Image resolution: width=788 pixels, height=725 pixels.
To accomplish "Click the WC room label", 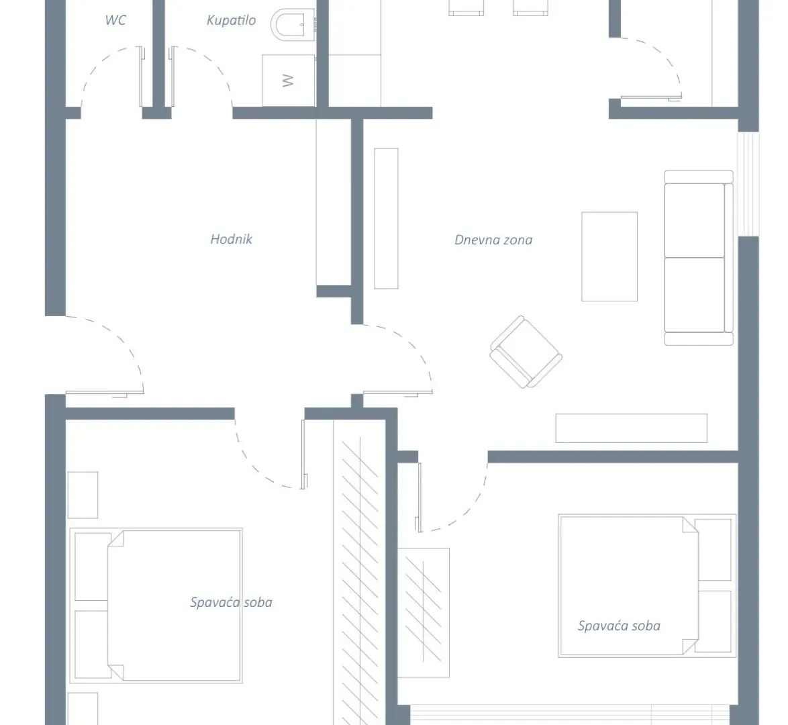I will [x=115, y=20].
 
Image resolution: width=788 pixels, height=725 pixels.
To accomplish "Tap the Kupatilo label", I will [x=231, y=20].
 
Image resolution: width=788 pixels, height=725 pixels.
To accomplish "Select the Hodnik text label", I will [x=231, y=239].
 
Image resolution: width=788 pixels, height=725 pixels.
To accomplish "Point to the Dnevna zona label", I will [x=493, y=240].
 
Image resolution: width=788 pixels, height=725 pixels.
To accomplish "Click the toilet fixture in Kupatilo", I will [x=293, y=26].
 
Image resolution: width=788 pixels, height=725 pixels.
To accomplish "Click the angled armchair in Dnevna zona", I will [x=526, y=352].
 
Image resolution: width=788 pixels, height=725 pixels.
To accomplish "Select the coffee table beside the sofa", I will [x=609, y=256].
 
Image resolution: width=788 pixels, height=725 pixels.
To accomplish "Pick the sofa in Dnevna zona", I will [x=698, y=258].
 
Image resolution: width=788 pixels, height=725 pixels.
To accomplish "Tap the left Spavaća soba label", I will [x=231, y=602].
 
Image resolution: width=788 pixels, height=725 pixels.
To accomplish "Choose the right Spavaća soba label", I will [x=619, y=626].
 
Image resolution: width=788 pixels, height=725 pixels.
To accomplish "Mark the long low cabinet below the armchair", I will [x=631, y=428].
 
